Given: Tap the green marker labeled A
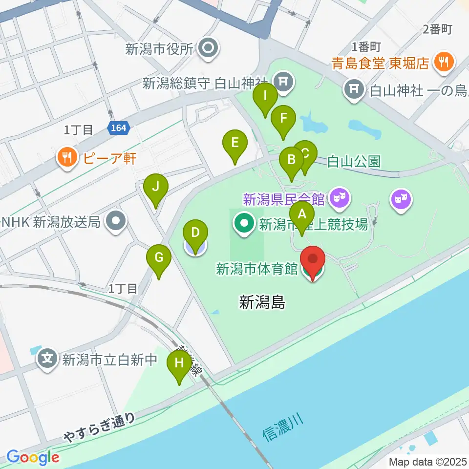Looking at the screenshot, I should (x=302, y=214).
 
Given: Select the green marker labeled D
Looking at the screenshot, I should (x=195, y=232).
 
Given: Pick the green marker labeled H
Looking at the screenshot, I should (x=179, y=363).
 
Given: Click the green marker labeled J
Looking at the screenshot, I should (x=156, y=187).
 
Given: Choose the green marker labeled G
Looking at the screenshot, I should (x=159, y=257).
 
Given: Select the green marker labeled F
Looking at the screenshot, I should (x=282, y=118).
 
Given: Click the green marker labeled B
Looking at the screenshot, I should (x=292, y=160).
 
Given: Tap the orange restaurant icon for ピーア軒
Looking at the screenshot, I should (x=65, y=157).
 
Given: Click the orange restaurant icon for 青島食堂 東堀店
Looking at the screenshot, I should (x=444, y=62).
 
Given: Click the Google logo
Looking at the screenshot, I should (x=33, y=457).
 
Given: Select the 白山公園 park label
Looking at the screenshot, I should (x=353, y=162).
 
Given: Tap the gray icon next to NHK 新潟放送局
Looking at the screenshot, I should (x=115, y=222).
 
